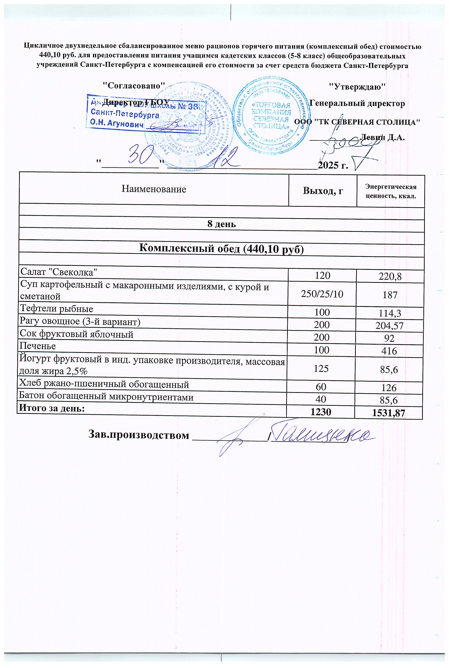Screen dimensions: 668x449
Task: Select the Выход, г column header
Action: (323, 191)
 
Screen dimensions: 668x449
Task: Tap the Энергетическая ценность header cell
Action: (391, 191)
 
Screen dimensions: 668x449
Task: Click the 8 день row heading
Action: (221, 224)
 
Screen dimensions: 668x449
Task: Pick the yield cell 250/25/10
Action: (322, 294)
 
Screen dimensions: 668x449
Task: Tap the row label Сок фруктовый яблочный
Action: (76, 334)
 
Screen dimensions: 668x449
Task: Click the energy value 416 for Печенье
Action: (389, 351)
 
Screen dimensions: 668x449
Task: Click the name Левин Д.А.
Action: (382, 138)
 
